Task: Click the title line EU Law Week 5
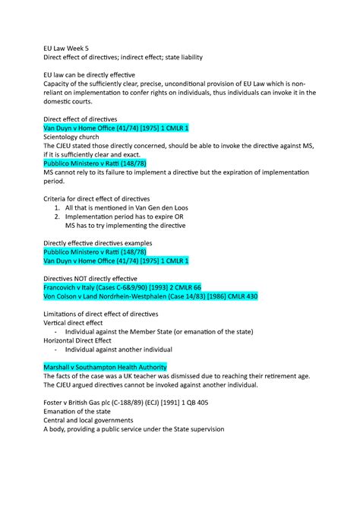(x=67, y=47)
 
